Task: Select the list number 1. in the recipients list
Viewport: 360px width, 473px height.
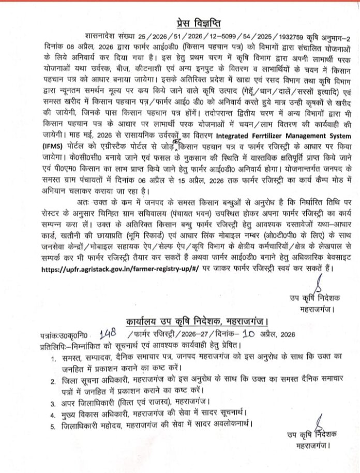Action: pyautogui.click(x=53, y=358)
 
